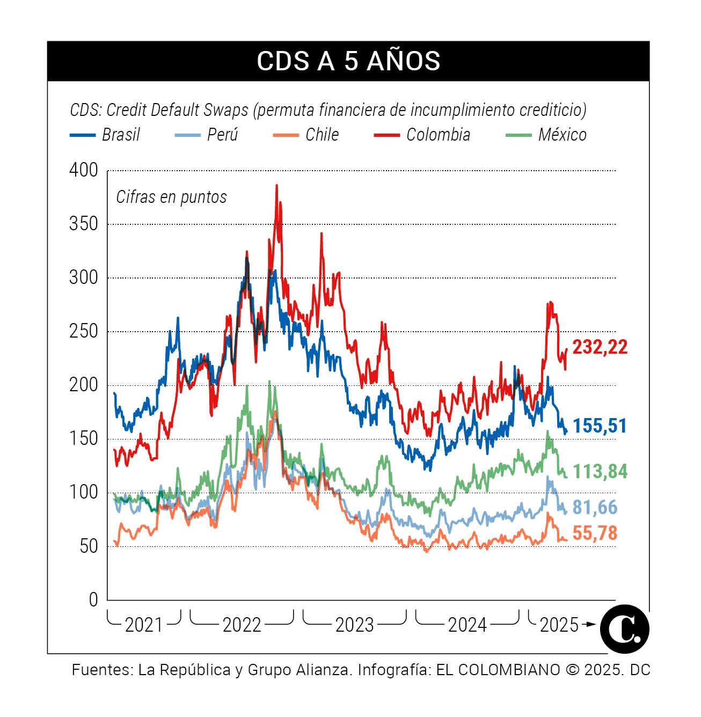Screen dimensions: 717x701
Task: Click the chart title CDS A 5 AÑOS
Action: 348,61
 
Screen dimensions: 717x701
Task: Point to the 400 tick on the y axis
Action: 84,171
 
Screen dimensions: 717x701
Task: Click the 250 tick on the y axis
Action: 84,332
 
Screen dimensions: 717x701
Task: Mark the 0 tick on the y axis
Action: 93,600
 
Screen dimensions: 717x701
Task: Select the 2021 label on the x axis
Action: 143,625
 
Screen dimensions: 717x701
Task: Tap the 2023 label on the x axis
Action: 354,625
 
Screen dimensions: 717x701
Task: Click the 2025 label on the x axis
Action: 559,625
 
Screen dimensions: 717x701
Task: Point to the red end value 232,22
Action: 600,347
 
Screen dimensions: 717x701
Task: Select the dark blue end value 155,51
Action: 600,426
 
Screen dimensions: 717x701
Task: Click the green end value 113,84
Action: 600,472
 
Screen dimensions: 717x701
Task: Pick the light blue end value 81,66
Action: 595,507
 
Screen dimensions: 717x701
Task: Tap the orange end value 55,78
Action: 595,533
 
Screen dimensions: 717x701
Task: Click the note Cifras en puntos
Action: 171,197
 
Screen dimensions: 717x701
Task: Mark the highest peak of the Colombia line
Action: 276,186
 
